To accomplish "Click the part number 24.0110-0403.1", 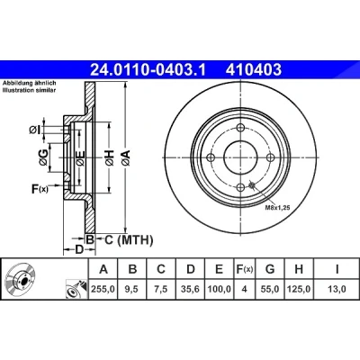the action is click(x=148, y=70).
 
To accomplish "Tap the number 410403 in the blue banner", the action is click(x=254, y=70).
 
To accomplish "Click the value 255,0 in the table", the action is click(x=103, y=289).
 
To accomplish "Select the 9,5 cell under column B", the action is click(x=132, y=289).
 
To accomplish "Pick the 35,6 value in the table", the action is click(x=191, y=289).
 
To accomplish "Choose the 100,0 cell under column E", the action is click(x=220, y=289).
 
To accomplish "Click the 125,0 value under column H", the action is click(x=299, y=289).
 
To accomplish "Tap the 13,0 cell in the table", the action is click(x=337, y=289).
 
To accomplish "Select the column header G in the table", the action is click(x=270, y=269).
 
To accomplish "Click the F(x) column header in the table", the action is click(x=244, y=269).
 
